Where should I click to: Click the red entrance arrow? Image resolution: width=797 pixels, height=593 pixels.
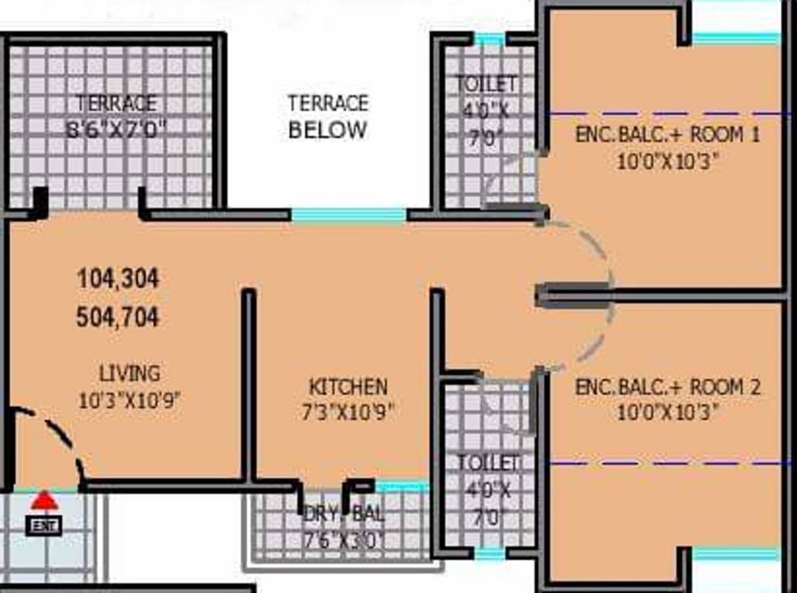[x=44, y=502]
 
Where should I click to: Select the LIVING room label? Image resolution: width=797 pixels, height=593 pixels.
[x=130, y=374]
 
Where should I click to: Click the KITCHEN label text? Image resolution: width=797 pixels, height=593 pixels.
[x=348, y=387]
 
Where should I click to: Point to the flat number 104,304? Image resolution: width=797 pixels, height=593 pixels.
[x=118, y=279]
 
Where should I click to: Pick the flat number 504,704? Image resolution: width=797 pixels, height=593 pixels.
[x=118, y=317]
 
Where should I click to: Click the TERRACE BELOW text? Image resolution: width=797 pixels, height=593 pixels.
[x=327, y=117]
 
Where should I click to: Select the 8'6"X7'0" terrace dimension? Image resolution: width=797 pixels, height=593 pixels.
[x=117, y=128]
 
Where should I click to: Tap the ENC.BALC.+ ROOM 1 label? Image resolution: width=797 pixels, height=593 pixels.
[x=667, y=134]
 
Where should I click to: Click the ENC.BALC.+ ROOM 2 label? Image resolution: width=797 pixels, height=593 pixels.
[x=667, y=387]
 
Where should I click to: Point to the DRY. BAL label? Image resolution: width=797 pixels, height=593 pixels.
[x=344, y=514]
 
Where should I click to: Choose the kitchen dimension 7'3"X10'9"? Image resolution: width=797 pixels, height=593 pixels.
[x=348, y=412]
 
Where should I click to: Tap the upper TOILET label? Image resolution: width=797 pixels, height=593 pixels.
[x=487, y=83]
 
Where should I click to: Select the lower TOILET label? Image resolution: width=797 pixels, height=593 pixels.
[x=487, y=463]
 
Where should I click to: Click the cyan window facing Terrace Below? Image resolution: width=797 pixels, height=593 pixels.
[x=348, y=215]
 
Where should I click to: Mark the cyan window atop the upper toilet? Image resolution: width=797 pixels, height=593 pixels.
[x=489, y=39]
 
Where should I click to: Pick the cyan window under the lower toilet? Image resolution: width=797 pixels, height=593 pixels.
[x=490, y=554]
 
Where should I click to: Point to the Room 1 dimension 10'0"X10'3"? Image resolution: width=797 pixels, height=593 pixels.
[x=667, y=162]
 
